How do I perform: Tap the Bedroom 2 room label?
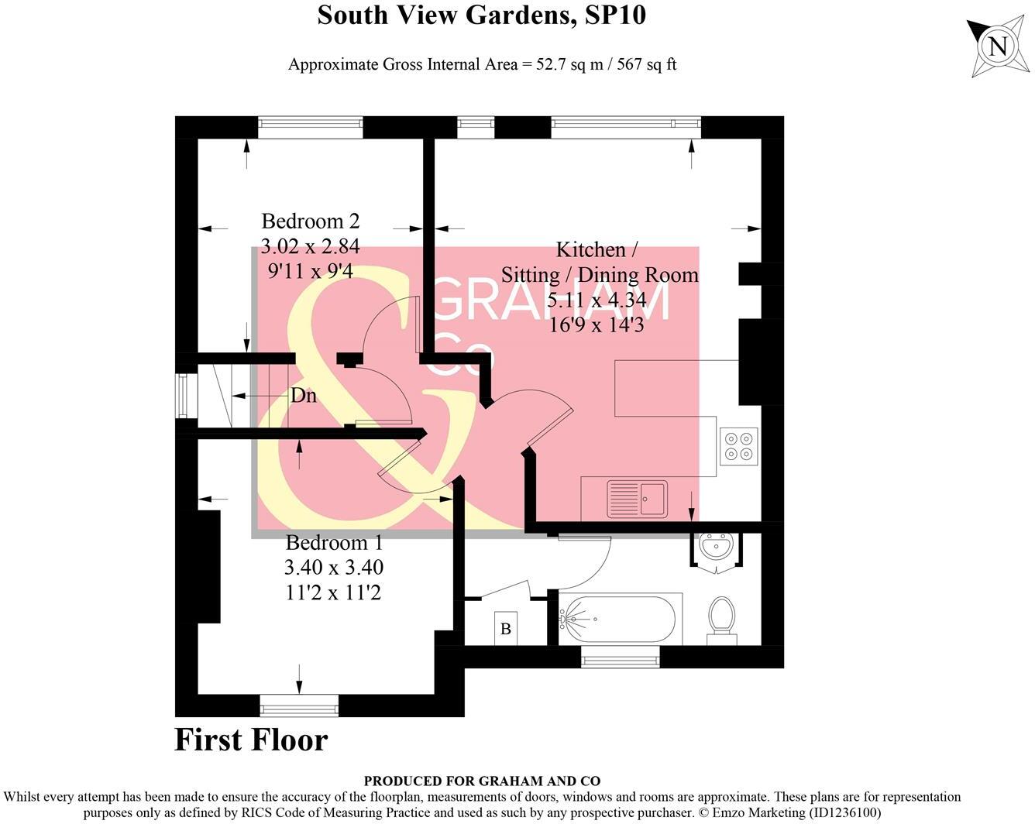click(x=310, y=221)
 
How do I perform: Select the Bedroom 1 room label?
click(x=334, y=543)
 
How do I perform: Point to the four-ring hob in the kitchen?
click(x=738, y=446)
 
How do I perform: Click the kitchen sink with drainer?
click(x=638, y=497)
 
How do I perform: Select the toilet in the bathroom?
click(x=721, y=617)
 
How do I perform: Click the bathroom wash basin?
click(x=716, y=547)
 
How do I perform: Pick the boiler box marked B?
click(x=506, y=628)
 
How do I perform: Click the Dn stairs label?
click(x=303, y=396)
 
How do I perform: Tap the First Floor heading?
click(x=251, y=740)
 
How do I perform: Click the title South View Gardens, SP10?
click(x=481, y=15)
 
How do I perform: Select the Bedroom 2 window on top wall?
click(x=310, y=127)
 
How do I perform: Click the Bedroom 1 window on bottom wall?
click(x=299, y=705)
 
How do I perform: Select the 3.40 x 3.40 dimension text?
click(x=334, y=568)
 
